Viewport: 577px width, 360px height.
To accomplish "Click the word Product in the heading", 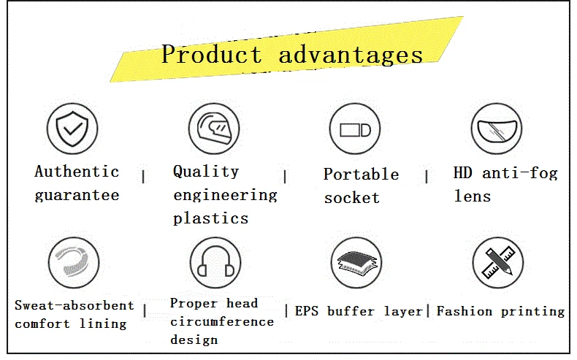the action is (212, 54).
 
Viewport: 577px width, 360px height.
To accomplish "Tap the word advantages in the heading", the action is (351, 55).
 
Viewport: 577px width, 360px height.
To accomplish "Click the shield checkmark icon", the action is (72, 129).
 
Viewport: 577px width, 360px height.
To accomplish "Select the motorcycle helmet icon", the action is (214, 129).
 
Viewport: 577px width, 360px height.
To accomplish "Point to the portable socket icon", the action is (355, 129).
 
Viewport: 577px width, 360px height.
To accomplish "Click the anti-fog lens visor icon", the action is (497, 129).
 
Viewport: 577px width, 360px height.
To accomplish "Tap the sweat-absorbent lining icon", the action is (74, 263).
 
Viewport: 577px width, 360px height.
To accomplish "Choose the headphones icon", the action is (215, 263).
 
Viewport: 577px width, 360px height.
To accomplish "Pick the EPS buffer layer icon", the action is (356, 263).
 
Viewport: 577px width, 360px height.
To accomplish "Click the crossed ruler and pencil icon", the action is (498, 263).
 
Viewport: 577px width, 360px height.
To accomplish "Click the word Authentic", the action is (77, 172).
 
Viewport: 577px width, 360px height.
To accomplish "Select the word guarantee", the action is (77, 195).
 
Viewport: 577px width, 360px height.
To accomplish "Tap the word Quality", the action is (206, 172).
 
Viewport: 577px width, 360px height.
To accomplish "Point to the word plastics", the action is (211, 219).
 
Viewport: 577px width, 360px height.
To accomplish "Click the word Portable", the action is (362, 175).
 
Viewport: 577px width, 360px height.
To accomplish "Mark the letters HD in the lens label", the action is (462, 173).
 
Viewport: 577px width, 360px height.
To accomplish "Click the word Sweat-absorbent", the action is (74, 305).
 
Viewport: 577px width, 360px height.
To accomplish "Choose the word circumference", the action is (222, 322).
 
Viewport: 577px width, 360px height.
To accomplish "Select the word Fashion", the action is (465, 311).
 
